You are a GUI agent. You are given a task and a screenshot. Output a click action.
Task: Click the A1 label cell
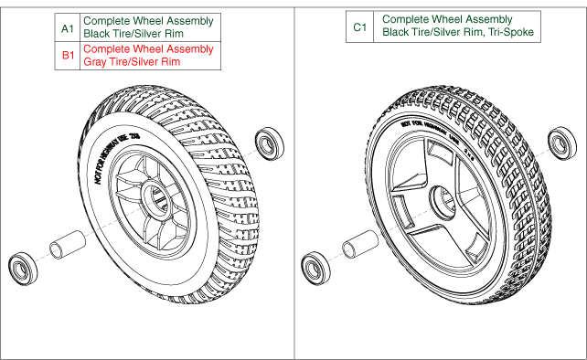[66, 28]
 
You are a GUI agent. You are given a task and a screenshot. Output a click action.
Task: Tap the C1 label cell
[360, 27]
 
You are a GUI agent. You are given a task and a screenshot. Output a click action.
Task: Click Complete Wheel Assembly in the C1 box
[434, 20]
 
